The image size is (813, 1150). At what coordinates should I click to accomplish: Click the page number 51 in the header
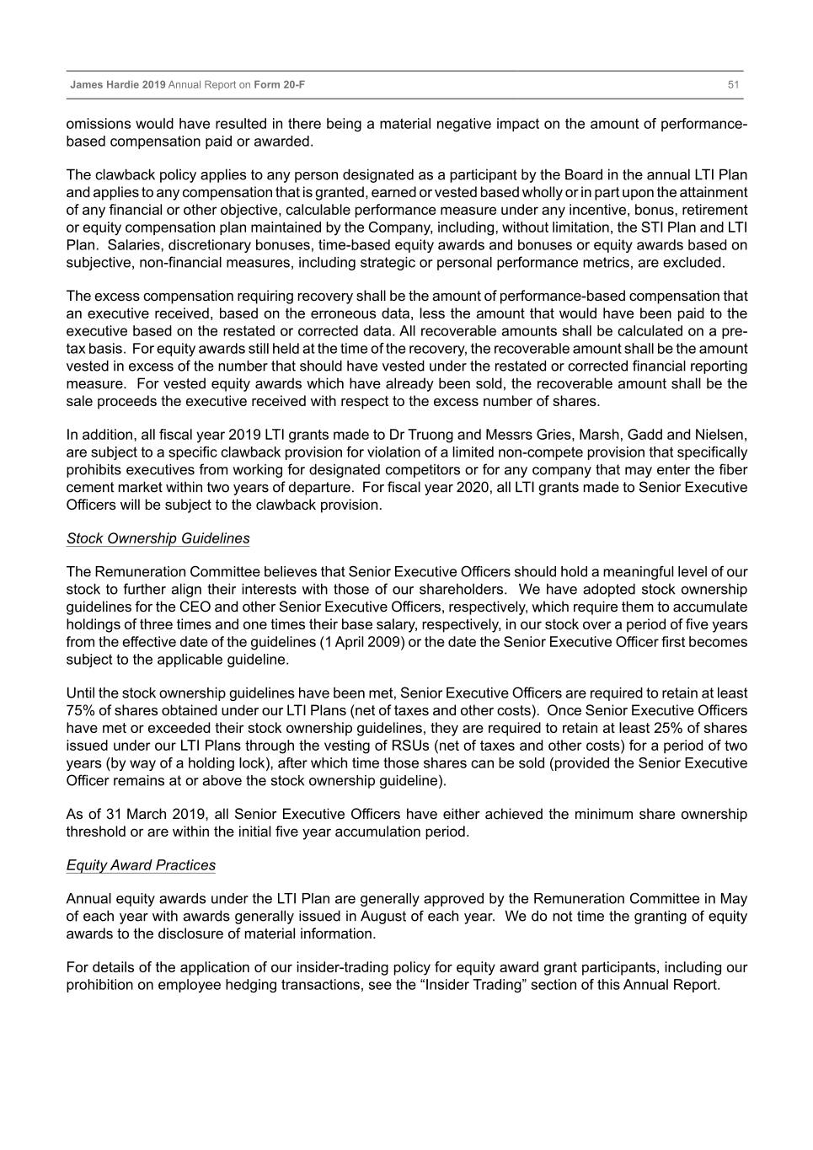pyautogui.click(x=733, y=85)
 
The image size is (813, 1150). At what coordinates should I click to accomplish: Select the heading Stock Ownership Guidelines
pyautogui.click(x=158, y=538)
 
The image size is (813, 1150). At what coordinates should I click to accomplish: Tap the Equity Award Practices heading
pyautogui.click(x=141, y=865)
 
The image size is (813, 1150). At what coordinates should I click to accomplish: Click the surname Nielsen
pyautogui.click(x=719, y=435)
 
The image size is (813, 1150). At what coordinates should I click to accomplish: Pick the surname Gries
pyautogui.click(x=555, y=435)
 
